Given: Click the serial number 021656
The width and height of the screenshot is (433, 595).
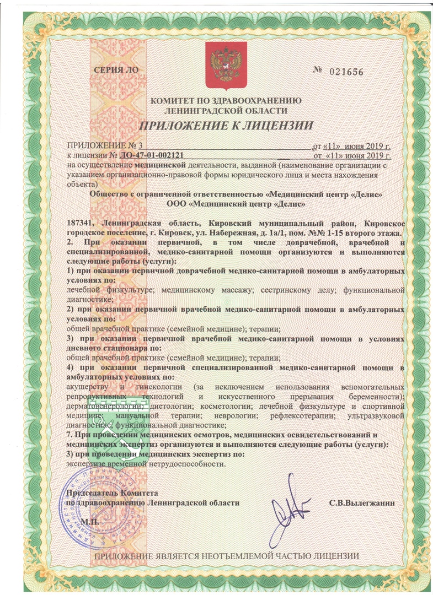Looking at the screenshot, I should pos(347,72).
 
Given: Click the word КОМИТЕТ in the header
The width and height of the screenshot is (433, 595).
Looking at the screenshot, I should pos(173,100).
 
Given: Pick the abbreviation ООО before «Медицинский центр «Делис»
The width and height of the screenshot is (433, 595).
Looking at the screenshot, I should pos(177,204).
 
